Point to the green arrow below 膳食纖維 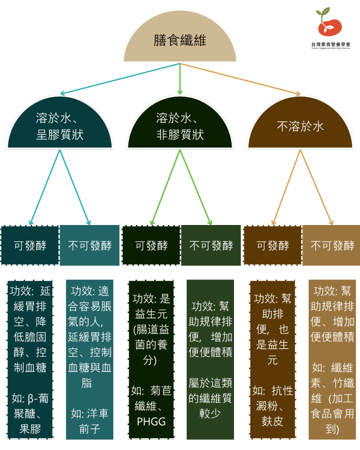[180, 79]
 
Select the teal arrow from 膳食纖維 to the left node [120, 79]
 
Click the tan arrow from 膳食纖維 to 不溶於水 [240, 79]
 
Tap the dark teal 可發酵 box [30, 245]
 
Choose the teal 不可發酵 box [90, 245]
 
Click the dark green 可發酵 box [151, 245]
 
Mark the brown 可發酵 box [272, 245]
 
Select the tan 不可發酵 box [332, 245]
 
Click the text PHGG [151, 422]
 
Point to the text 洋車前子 [90, 421]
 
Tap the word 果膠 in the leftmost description [30, 429]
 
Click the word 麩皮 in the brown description [272, 421]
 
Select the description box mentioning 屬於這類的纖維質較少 [210, 360]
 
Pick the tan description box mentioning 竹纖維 [332, 360]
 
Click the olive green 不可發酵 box [211, 245]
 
